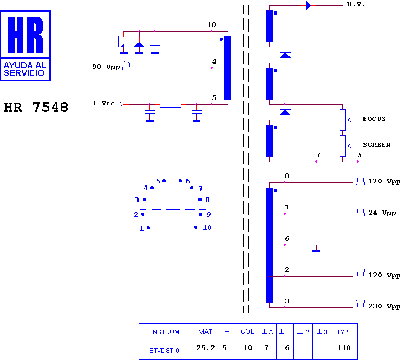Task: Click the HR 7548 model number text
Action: (36, 107)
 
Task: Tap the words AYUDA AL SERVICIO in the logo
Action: (25, 69)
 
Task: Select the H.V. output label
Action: (356, 4)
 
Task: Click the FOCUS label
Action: (374, 119)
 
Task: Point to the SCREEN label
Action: (376, 145)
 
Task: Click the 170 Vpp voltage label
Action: (384, 181)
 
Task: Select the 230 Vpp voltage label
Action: (384, 306)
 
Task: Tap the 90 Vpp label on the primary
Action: (106, 67)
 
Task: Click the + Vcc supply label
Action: (104, 103)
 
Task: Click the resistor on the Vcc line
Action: (170, 104)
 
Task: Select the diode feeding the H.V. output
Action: (308, 5)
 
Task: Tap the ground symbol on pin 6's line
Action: (317, 251)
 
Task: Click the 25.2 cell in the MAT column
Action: (206, 348)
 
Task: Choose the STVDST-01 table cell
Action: (166, 350)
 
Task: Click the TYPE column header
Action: (345, 332)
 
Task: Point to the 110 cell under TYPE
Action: (344, 348)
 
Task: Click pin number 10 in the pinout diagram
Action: (207, 227)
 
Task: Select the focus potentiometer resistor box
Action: (343, 120)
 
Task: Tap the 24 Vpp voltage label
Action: (382, 213)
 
